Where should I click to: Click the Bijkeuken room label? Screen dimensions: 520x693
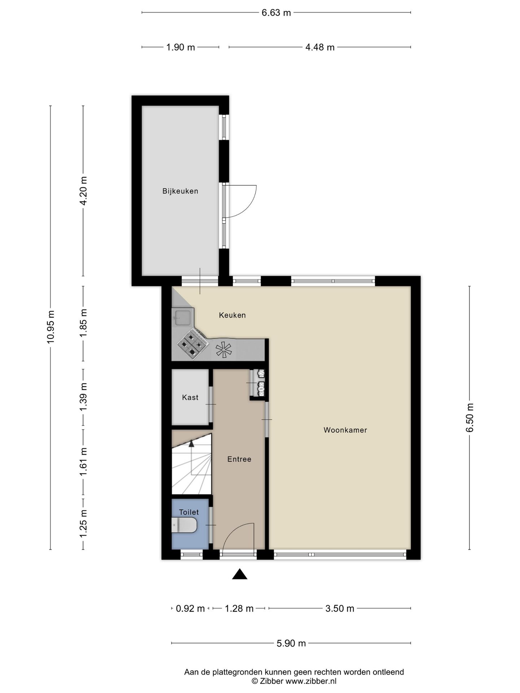[180, 191]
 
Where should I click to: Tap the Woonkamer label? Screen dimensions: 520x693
[345, 430]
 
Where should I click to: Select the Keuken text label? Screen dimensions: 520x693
[232, 315]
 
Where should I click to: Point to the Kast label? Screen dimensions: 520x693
[190, 397]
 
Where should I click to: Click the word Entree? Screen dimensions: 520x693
[239, 459]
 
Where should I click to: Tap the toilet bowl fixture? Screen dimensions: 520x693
[184, 525]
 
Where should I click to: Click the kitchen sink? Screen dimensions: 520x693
[183, 317]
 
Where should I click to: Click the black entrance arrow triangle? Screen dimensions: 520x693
[239, 574]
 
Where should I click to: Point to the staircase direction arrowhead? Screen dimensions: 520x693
[191, 444]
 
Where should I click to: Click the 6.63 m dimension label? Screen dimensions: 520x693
[276, 13]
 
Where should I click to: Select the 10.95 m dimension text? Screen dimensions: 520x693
[51, 327]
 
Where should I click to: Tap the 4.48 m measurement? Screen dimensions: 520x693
[320, 47]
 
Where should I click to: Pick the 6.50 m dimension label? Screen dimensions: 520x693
[469, 418]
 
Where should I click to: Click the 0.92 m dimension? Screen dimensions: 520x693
[190, 609]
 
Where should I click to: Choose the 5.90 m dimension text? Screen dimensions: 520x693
[291, 643]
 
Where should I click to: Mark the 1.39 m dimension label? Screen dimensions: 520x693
[83, 396]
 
